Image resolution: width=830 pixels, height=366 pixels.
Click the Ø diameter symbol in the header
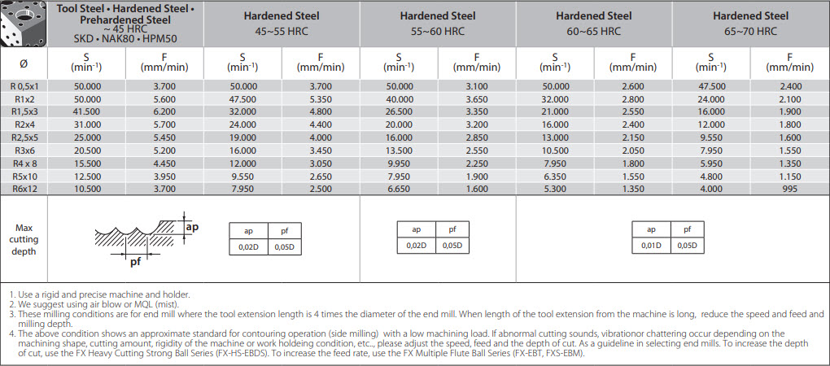[24, 63]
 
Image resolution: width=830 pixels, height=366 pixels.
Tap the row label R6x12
[24, 188]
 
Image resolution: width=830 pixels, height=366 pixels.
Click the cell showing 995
[789, 188]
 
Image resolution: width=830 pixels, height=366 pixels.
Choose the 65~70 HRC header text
[750, 32]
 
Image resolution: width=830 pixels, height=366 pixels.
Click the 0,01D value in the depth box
[651, 245]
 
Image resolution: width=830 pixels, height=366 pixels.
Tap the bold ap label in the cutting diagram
[192, 227]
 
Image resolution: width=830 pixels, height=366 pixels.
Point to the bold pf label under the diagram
[136, 263]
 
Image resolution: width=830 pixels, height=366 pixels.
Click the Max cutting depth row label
[24, 239]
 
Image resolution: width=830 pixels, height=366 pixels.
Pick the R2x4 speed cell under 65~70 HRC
[711, 124]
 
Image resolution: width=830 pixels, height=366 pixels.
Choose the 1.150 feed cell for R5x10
[789, 176]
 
